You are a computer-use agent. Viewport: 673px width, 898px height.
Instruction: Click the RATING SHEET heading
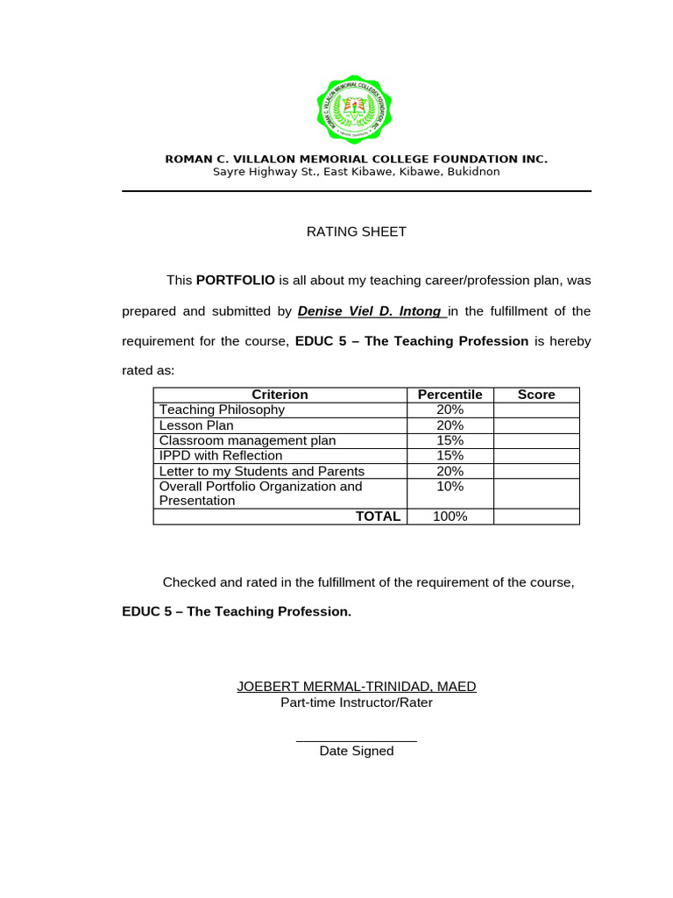[x=356, y=232]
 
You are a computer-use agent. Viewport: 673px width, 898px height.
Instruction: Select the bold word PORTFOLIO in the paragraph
[x=236, y=281]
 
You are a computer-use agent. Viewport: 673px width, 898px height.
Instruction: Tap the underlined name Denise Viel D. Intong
[x=369, y=311]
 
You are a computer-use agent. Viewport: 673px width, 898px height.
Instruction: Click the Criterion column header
[x=280, y=395]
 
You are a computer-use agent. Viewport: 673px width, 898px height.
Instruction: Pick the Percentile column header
[x=450, y=395]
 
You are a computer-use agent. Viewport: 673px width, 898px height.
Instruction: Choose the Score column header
[x=536, y=395]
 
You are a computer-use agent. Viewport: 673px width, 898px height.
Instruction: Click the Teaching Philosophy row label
[x=222, y=410]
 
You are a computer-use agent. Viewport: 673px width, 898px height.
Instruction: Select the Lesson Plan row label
[x=196, y=425]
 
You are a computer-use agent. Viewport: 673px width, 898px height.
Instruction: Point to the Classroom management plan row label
[x=247, y=440]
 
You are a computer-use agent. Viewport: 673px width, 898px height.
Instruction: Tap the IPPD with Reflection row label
[x=221, y=456]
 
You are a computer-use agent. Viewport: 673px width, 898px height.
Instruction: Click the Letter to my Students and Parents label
[x=261, y=471]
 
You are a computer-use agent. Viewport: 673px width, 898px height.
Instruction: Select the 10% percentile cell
[x=450, y=487]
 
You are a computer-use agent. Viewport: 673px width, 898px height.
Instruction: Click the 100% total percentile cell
[x=450, y=517]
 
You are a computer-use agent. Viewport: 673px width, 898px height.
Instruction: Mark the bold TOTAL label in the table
[x=378, y=517]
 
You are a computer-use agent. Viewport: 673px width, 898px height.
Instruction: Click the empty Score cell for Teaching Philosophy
[x=536, y=410]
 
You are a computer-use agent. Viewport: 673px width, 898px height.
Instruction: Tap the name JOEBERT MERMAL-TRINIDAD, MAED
[x=357, y=687]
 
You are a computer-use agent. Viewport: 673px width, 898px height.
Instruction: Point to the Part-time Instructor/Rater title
[x=357, y=702]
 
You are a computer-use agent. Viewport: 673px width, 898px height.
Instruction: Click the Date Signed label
[x=357, y=751]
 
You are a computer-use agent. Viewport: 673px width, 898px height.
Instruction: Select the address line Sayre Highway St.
[x=356, y=172]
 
